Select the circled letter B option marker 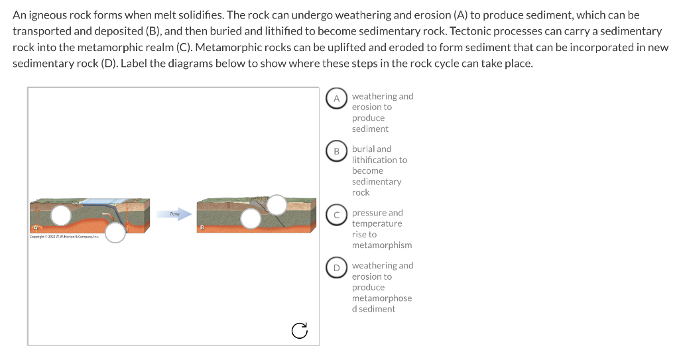pyautogui.click(x=336, y=151)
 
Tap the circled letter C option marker pyautogui.click(x=336, y=215)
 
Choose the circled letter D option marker pyautogui.click(x=336, y=268)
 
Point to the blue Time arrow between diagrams pyautogui.click(x=176, y=213)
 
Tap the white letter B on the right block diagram pyautogui.click(x=202, y=228)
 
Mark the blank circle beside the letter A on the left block pyautogui.click(x=62, y=215)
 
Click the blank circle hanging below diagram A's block pyautogui.click(x=115, y=232)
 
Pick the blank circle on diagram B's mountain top pyautogui.click(x=277, y=205)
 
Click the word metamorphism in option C pyautogui.click(x=382, y=245)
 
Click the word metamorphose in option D pyautogui.click(x=382, y=298)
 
